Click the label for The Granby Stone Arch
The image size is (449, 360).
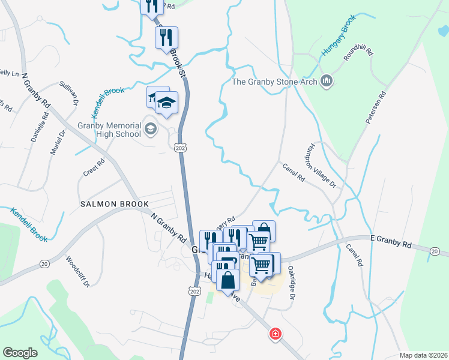pyautogui.click(x=275, y=81)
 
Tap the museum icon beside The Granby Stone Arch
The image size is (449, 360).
pyautogui.click(x=327, y=80)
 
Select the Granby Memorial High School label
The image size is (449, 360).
pyautogui.click(x=109, y=130)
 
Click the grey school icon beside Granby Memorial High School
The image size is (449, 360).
pyautogui.click(x=150, y=127)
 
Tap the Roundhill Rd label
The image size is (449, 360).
pyautogui.click(x=358, y=51)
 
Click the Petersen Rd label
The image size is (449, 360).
pyautogui.click(x=376, y=109)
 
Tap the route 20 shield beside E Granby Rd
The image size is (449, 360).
pyautogui.click(x=435, y=251)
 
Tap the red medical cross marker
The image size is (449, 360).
pyautogui.click(x=276, y=333)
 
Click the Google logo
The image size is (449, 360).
pyautogui.click(x=20, y=353)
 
